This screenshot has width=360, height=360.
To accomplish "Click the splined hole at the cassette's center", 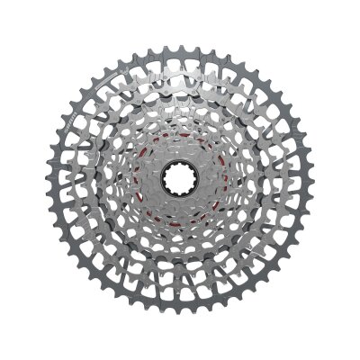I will point(178,177).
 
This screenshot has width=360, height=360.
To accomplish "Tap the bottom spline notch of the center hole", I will point(178,192).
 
